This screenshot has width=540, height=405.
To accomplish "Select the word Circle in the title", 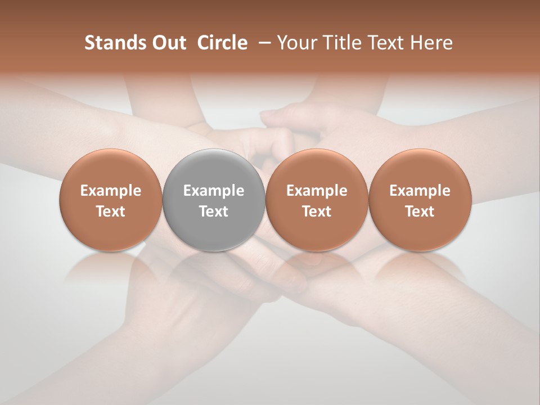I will coord(222,43).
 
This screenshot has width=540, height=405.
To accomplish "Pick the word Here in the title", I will coord(432,43).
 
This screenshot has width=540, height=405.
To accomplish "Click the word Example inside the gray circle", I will coord(214,191).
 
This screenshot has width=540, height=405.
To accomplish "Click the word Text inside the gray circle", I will coord(214,211).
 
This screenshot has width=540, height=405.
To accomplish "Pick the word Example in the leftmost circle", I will coord(111,191).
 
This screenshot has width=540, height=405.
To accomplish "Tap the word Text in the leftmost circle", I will coord(111,211).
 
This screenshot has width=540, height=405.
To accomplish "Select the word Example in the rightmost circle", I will coord(420,191).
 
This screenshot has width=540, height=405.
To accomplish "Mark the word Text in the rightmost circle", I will coord(420,211).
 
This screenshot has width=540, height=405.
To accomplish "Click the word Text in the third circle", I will coord(317,211).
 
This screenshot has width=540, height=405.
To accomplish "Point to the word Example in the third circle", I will coord(317,191).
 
